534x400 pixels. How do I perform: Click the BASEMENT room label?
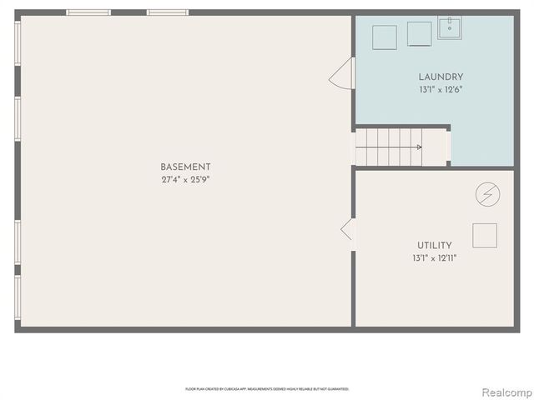pyautogui.click(x=185, y=167)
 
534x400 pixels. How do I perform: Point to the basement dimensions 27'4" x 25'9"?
pyautogui.click(x=185, y=179)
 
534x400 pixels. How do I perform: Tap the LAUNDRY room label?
pyautogui.click(x=441, y=77)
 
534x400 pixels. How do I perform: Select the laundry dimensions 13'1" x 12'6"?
pyautogui.click(x=441, y=89)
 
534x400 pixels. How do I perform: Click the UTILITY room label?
pyautogui.click(x=434, y=245)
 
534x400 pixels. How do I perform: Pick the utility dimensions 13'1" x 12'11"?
pyautogui.click(x=434, y=257)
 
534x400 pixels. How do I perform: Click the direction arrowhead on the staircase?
pyautogui.click(x=419, y=147)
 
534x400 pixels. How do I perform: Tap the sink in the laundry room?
pyautogui.click(x=451, y=27)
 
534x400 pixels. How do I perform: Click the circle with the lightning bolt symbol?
pyautogui.click(x=487, y=195)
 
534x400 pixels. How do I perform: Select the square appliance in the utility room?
pyautogui.click(x=485, y=235)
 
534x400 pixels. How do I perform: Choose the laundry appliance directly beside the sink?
pyautogui.click(x=419, y=33)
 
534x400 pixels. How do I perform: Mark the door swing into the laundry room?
pyautogui.click(x=342, y=76)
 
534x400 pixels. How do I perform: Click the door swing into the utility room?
pyautogui.click(x=347, y=229)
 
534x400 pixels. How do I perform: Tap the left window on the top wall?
pyautogui.click(x=88, y=12)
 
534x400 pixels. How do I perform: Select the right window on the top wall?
pyautogui.click(x=168, y=12)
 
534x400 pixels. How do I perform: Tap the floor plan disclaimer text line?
pyautogui.click(x=267, y=389)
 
